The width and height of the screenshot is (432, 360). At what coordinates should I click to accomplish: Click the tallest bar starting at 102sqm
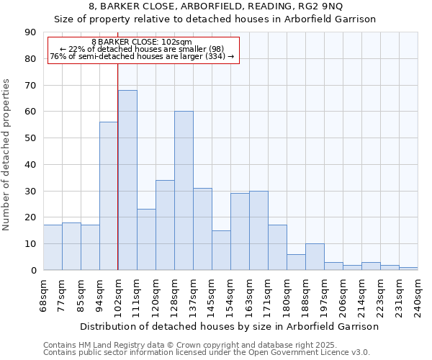127,180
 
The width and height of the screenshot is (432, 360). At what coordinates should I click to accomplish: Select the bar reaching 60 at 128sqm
184,191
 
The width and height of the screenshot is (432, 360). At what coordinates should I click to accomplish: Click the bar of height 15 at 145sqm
221,250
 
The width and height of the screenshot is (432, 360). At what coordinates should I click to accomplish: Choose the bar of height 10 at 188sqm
315,257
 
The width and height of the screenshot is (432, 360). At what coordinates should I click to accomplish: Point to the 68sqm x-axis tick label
44,294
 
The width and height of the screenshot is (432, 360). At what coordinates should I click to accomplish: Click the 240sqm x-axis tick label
418,294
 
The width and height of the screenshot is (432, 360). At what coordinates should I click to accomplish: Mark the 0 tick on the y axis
32,270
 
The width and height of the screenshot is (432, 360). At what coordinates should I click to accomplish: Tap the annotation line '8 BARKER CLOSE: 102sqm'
142,42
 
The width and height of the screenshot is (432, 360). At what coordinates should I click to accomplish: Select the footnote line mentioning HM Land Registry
184,345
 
